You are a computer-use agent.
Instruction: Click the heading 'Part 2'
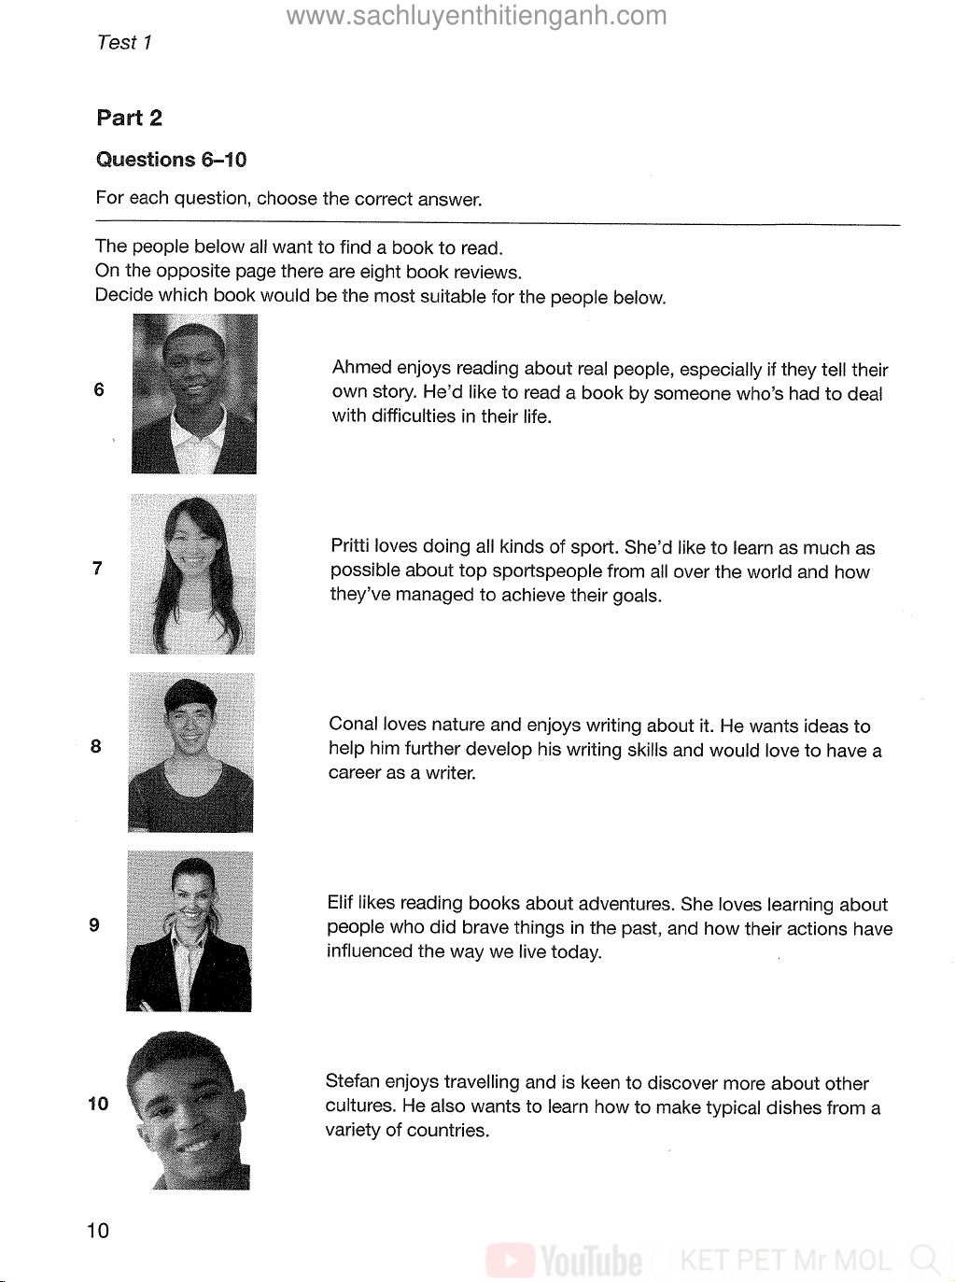coord(129,118)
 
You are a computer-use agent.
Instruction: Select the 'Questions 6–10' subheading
coord(171,160)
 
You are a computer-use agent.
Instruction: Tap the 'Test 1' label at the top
coord(123,42)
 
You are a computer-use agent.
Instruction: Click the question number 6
coord(99,389)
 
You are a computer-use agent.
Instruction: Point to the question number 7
coord(97,568)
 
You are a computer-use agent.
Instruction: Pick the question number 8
coord(96,746)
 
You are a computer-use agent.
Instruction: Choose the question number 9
coord(94,924)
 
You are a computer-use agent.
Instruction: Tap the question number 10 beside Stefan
coord(98,1104)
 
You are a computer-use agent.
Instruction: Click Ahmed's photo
coord(194,394)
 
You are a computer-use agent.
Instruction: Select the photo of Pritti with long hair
coord(192,573)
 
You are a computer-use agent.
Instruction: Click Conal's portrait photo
coord(190,752)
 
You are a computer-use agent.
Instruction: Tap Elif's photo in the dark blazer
coord(190,931)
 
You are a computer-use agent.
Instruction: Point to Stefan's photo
coord(190,1109)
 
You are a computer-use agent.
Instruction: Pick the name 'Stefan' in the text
coord(352,1082)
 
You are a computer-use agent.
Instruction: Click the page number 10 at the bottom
coord(97,1230)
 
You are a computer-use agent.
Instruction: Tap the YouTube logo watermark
coord(566,1261)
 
